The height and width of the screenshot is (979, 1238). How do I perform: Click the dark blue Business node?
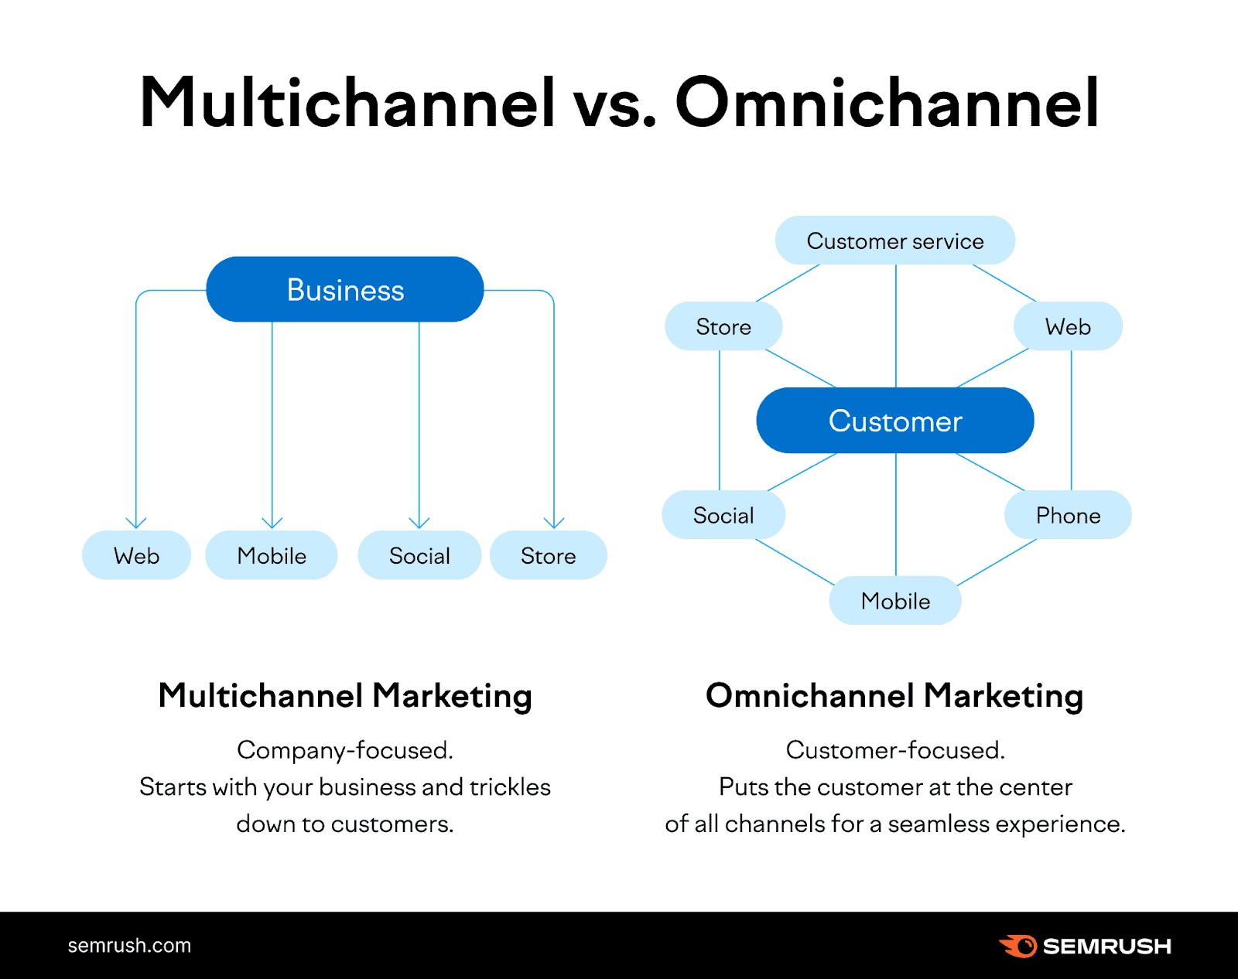[x=345, y=290]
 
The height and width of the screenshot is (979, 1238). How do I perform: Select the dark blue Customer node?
[x=895, y=421]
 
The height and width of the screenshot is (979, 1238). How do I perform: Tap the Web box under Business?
[x=136, y=555]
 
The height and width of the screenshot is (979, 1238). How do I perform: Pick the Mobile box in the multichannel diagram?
[x=272, y=555]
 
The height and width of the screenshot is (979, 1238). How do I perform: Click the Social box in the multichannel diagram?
[x=419, y=555]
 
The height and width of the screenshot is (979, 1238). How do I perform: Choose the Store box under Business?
[x=548, y=555]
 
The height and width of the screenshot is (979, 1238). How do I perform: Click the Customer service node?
[x=895, y=240]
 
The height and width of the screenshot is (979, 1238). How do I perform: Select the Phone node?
[x=1068, y=515]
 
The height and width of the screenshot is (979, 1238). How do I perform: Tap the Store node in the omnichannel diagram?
[x=723, y=326]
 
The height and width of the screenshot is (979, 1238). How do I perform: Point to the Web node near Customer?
[x=1068, y=326]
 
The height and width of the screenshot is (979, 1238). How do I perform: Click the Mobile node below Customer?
[x=895, y=601]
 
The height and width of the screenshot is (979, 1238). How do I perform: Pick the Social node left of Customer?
[x=723, y=515]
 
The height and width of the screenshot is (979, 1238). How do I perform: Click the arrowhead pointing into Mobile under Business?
[x=272, y=524]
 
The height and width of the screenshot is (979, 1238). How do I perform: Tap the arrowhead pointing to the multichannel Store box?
[x=554, y=524]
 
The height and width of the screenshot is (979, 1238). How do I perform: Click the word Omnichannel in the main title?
[x=887, y=103]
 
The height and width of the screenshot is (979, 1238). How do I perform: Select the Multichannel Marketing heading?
[x=345, y=695]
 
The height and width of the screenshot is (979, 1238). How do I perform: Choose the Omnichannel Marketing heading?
[x=894, y=695]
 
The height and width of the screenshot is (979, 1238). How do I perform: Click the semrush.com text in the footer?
[x=129, y=945]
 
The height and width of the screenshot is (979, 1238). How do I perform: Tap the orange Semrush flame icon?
[x=1018, y=946]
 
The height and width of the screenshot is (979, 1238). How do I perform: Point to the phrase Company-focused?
[x=345, y=750]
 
